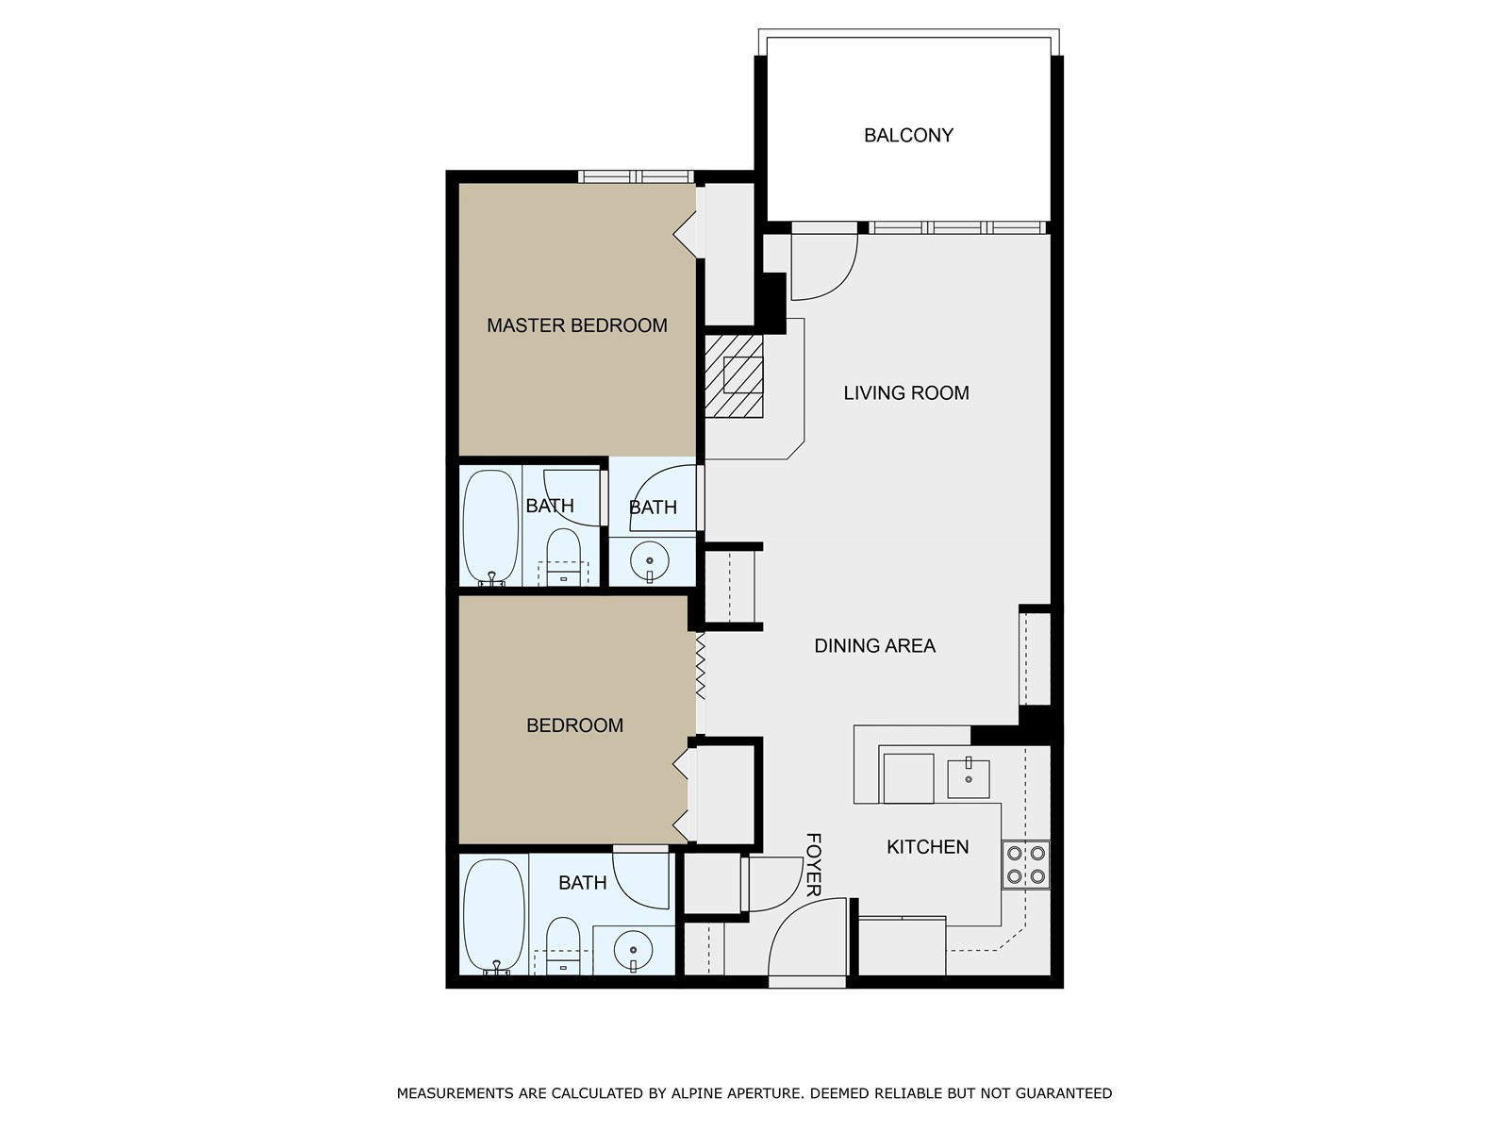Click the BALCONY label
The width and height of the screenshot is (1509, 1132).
tap(908, 135)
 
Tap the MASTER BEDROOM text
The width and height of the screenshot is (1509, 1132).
tap(576, 325)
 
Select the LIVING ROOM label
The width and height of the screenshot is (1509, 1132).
tap(905, 392)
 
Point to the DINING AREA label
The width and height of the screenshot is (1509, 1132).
tap(874, 646)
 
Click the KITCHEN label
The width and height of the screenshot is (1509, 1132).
tap(927, 847)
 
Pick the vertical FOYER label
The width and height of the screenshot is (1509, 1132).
tap(813, 864)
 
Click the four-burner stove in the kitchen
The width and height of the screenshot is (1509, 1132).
tap(1025, 865)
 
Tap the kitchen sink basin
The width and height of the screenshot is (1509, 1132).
tap(968, 778)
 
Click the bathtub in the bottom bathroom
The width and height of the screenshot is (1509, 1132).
tap(493, 914)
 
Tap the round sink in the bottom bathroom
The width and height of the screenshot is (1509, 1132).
tap(633, 950)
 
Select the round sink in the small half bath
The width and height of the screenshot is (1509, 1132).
tap(649, 561)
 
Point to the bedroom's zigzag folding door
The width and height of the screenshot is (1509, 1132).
tap(701, 665)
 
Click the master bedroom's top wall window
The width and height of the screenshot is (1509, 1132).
tap(636, 176)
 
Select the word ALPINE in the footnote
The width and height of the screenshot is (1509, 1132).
tap(697, 1093)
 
